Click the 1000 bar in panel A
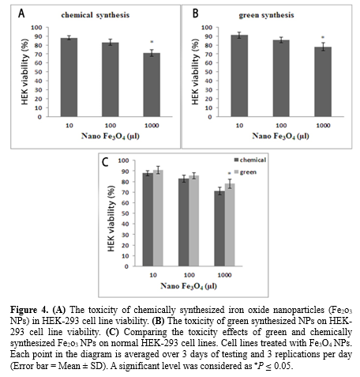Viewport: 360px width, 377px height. point(152,85)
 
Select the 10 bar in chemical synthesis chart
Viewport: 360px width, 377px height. point(69,77)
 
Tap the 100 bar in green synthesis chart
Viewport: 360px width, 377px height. point(281,78)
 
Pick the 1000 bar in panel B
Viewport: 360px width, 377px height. point(323,81)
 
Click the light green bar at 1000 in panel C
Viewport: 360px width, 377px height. point(230,225)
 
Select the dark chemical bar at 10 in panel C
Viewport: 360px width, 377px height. point(148,220)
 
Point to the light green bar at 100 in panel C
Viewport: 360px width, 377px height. point(194,221)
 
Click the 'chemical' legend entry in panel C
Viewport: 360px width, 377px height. point(250,160)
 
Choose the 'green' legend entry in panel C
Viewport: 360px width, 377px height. point(246,172)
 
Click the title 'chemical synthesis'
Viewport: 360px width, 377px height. point(96,15)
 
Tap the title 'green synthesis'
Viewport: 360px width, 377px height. point(266,15)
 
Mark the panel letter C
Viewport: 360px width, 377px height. point(105,162)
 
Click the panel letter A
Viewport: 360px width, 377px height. point(21,13)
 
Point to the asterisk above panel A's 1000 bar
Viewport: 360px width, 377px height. point(152,42)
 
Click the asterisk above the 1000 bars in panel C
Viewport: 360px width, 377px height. point(229,173)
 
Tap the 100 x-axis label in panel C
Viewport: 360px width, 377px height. point(189,275)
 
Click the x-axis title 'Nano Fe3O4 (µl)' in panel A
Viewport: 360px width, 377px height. point(111,136)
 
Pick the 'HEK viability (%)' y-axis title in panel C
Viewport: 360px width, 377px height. point(111,218)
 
